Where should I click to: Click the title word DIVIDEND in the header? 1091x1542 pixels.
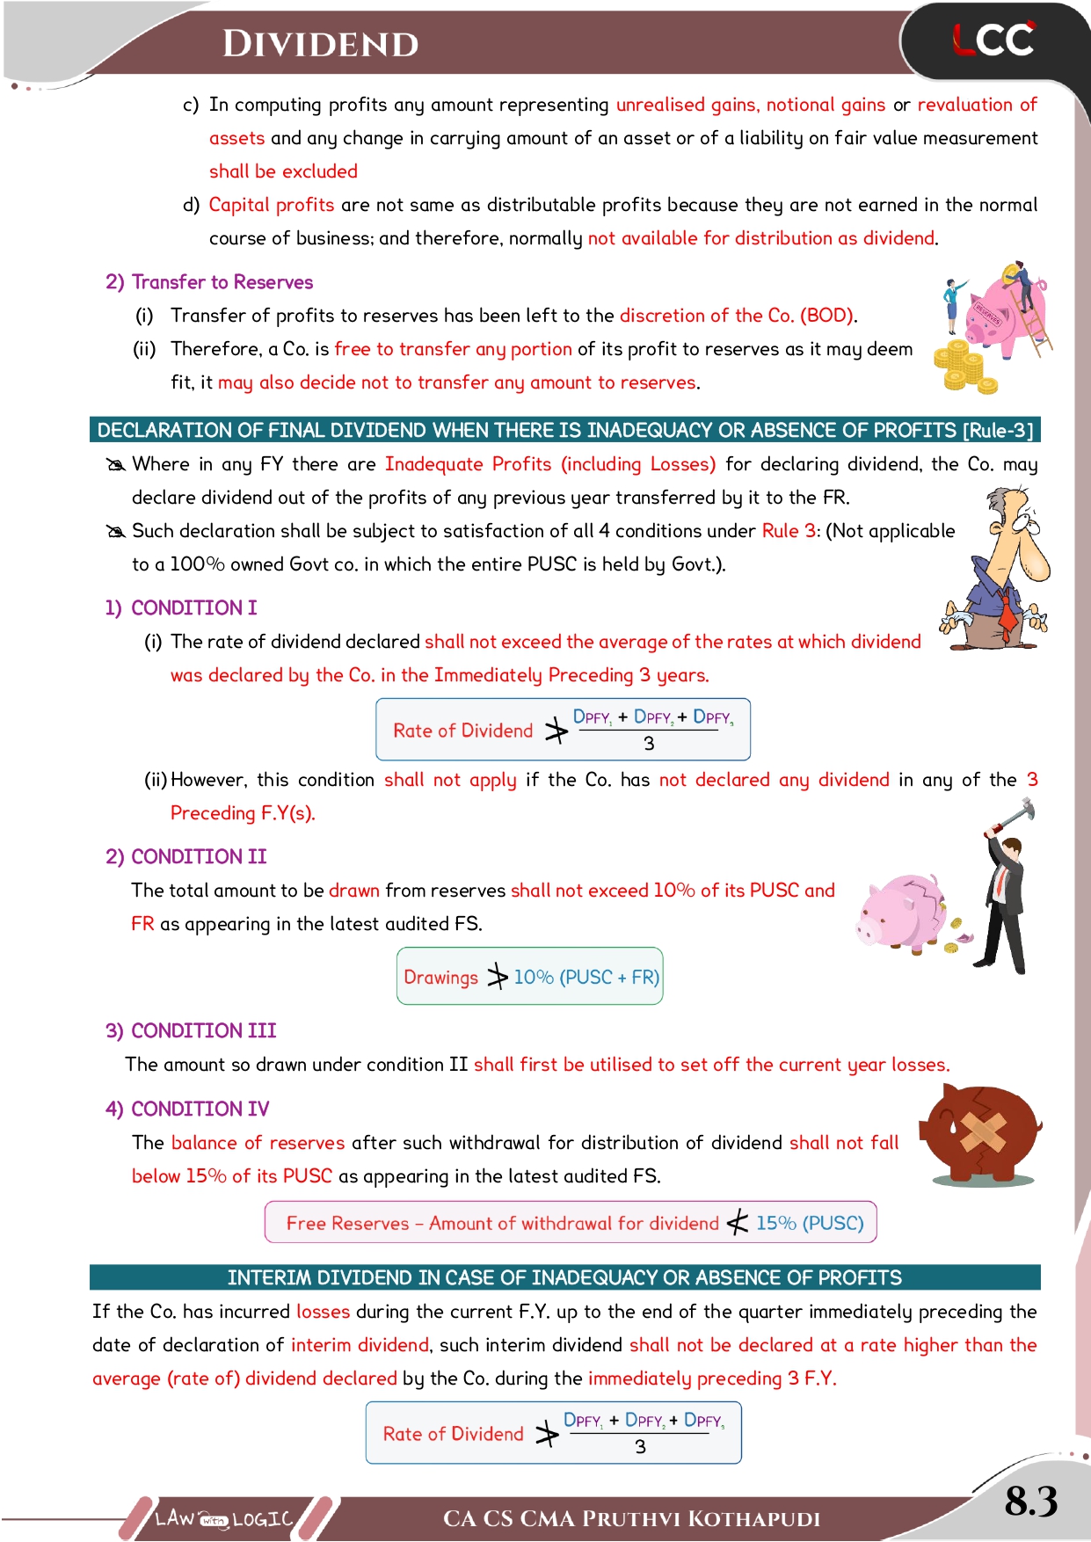[x=320, y=44]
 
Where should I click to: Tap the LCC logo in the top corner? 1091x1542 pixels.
[x=993, y=40]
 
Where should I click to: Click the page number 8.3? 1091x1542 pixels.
[x=1030, y=1501]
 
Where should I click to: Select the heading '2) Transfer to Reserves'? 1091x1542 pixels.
[x=209, y=282]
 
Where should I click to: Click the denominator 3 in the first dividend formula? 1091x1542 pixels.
[x=649, y=744]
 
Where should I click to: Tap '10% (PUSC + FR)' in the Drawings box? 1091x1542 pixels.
[x=586, y=977]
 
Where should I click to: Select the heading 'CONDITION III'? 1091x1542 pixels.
[x=203, y=1030]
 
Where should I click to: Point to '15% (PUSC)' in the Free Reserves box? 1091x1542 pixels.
[x=810, y=1223]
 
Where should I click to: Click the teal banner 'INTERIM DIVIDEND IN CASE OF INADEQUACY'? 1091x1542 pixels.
[x=564, y=1277]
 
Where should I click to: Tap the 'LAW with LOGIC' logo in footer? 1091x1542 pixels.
[x=223, y=1518]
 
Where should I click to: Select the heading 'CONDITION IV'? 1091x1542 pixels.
[x=200, y=1109]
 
